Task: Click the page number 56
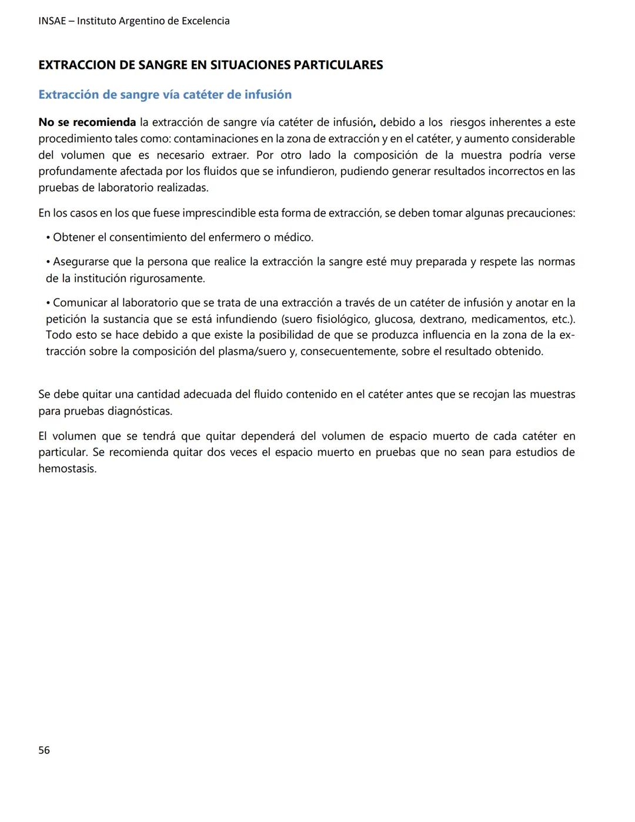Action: coord(44,750)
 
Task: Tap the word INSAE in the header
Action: coord(52,21)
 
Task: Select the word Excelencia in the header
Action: coord(205,21)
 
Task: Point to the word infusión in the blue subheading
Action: coord(268,95)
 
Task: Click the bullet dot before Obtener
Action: coord(48,238)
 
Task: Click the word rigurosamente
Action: coord(167,278)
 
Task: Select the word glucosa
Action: coord(393,319)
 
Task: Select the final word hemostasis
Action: coord(67,469)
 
